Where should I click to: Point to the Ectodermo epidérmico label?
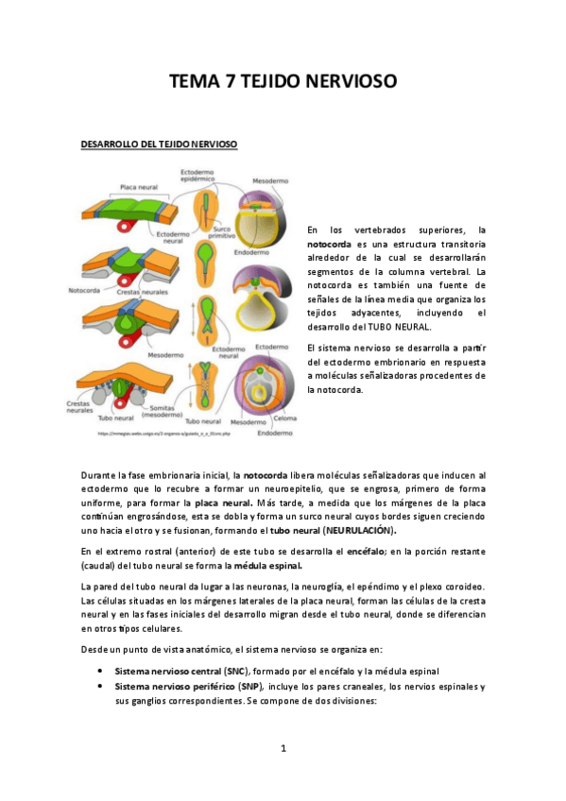199,174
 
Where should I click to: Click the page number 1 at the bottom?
283,749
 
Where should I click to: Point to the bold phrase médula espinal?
269,566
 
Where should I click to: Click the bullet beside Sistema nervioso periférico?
100,687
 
